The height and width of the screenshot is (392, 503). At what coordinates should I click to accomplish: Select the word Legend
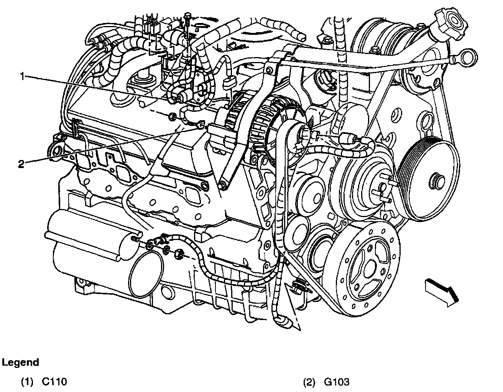(x=21, y=362)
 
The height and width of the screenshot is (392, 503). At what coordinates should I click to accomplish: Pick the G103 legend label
(x=337, y=382)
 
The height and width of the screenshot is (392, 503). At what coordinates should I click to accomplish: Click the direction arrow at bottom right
(x=441, y=291)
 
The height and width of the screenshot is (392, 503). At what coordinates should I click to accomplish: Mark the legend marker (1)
(x=26, y=382)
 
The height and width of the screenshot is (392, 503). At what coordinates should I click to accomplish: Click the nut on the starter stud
(x=179, y=253)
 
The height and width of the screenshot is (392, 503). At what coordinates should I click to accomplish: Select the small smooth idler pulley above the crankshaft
(x=307, y=195)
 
